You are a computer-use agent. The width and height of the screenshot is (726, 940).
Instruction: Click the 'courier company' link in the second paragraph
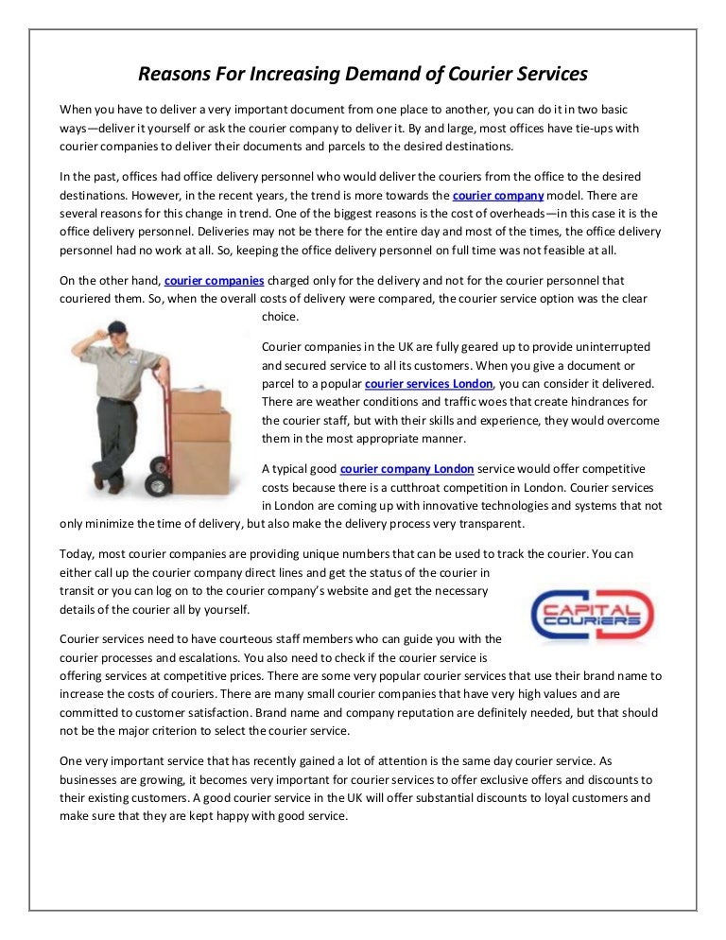498,196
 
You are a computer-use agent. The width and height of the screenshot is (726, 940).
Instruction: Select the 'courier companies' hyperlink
214,281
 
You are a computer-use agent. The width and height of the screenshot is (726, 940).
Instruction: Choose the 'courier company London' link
406,469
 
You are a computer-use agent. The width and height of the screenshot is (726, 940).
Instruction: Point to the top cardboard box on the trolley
198,400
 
